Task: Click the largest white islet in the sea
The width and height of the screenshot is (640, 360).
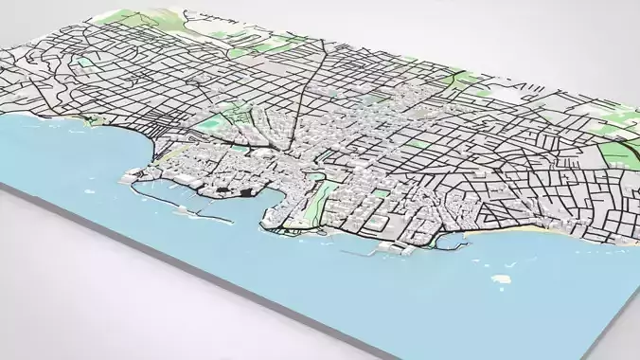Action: (501, 279)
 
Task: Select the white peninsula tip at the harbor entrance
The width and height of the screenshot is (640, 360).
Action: (128, 176)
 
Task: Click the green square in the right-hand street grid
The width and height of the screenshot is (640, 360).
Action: (416, 143)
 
